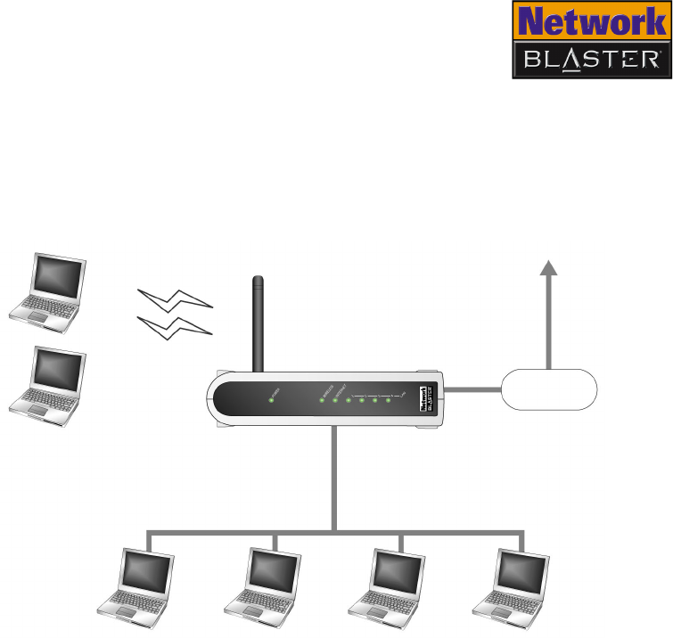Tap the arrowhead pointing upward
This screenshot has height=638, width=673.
tap(550, 268)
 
